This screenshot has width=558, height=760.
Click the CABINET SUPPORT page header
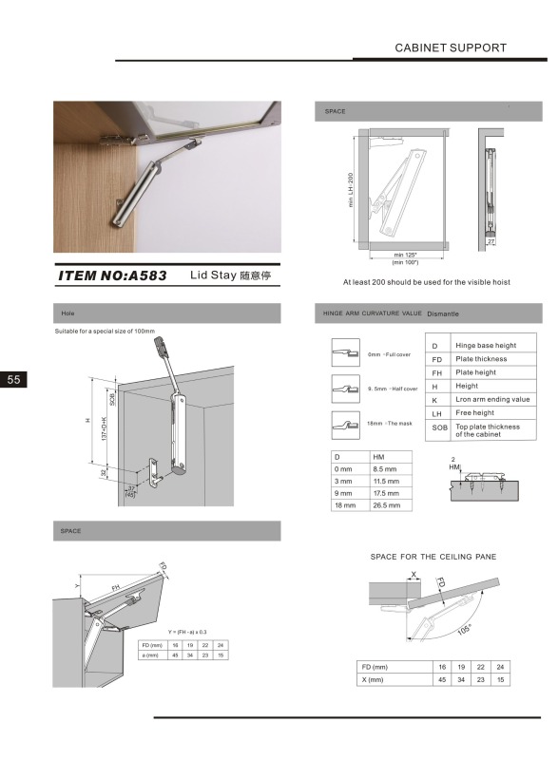coord(450,47)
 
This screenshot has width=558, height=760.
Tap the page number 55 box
coord(14,379)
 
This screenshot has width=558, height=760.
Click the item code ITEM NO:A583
coord(113,276)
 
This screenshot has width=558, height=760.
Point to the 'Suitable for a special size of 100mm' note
coord(112,332)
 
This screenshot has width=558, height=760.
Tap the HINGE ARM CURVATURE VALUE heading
coord(372,313)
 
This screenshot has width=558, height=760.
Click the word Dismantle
coord(443,313)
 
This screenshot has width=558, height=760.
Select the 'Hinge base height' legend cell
coord(487,346)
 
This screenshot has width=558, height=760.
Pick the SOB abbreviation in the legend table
coord(438,429)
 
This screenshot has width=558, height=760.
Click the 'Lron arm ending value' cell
coord(492,400)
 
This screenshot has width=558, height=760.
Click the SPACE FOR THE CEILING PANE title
coord(433,556)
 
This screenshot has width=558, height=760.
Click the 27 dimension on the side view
coord(491,242)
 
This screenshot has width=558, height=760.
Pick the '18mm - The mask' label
coord(389,424)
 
